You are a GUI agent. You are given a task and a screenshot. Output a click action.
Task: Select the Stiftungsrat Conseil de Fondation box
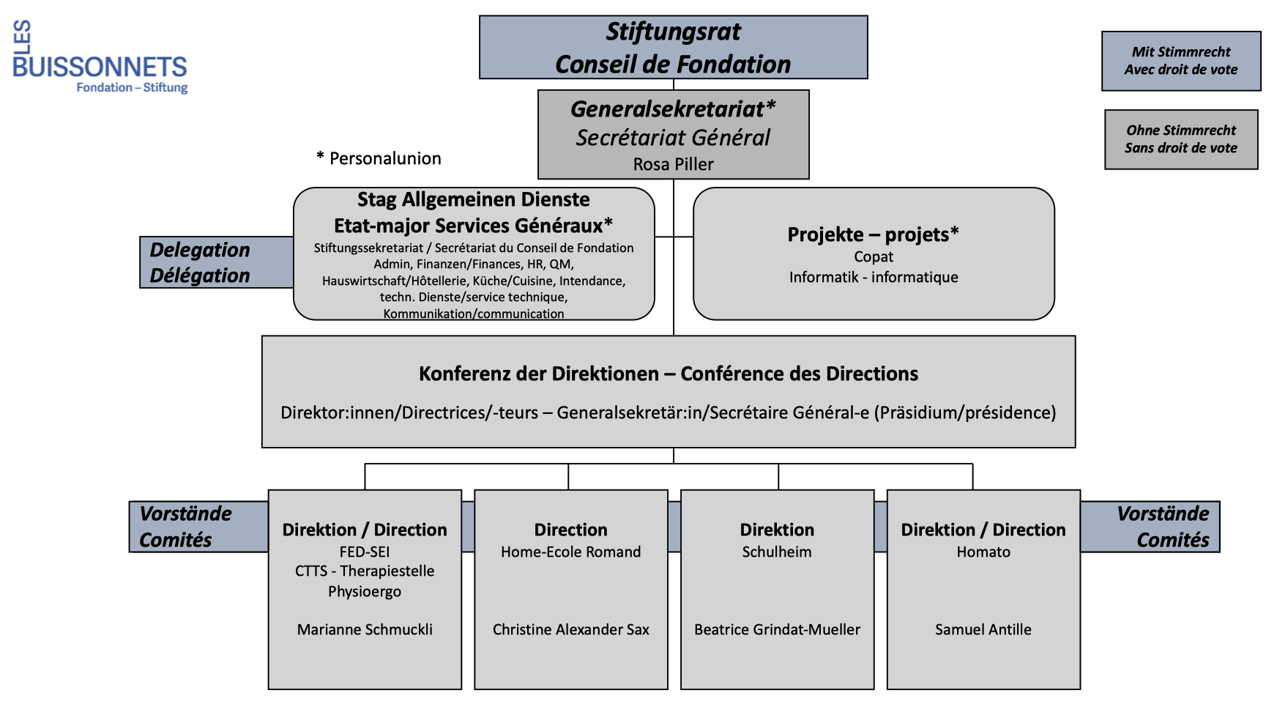[673, 48]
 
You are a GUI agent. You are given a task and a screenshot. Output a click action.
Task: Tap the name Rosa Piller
[673, 164]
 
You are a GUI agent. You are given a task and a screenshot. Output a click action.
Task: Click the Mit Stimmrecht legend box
[1180, 61]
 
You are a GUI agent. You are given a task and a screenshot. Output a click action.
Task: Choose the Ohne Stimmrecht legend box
[1180, 139]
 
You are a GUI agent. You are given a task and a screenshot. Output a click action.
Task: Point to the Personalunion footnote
[379, 158]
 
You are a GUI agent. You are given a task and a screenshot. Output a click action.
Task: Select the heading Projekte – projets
[873, 234]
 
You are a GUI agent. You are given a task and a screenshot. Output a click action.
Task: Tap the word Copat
[873, 256]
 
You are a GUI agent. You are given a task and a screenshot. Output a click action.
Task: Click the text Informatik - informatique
[873, 277]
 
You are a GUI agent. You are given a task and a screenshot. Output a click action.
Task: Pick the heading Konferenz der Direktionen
[668, 374]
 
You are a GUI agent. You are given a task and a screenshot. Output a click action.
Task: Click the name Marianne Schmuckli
[365, 629]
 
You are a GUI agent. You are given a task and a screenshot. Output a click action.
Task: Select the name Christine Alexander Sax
[570, 629]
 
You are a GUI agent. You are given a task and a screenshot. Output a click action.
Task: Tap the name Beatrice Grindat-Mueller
[777, 629]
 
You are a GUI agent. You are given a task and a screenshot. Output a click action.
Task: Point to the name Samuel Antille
[983, 629]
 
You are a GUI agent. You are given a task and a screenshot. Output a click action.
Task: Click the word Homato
[983, 552]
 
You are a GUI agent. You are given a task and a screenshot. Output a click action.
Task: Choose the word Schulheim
[777, 552]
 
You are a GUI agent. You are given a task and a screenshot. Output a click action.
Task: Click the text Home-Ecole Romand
[570, 552]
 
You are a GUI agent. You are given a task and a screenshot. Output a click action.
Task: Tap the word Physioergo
[365, 591]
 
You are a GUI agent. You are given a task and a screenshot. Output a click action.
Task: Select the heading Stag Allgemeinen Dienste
[473, 199]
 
